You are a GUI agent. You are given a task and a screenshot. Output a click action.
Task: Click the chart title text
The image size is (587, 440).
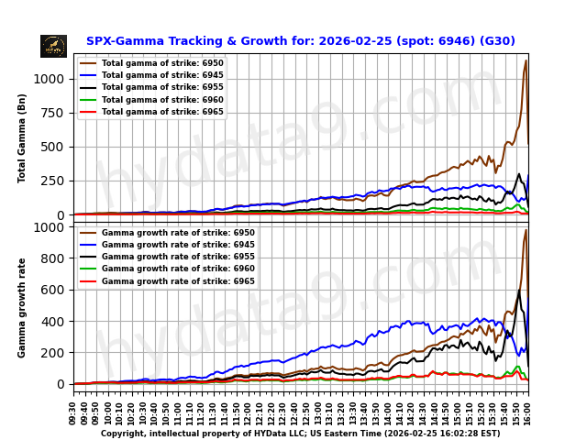coord(300,41)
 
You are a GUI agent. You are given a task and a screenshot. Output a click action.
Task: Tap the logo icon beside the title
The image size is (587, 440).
coord(53,46)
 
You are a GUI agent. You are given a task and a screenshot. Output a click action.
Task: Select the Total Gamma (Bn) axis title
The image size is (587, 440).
coord(22,137)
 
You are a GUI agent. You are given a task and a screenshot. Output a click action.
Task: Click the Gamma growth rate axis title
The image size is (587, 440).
coord(22,307)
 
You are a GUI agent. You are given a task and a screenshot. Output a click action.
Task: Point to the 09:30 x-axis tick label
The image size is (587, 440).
coord(73,412)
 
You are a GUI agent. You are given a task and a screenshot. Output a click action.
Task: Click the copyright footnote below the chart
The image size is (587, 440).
coord(300,434)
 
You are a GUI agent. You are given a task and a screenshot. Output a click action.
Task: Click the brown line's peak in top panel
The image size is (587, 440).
coord(526,61)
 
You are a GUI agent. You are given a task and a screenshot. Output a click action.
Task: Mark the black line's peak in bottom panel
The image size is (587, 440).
coord(519,291)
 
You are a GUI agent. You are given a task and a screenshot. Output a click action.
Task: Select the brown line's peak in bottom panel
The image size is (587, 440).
coord(526,230)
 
